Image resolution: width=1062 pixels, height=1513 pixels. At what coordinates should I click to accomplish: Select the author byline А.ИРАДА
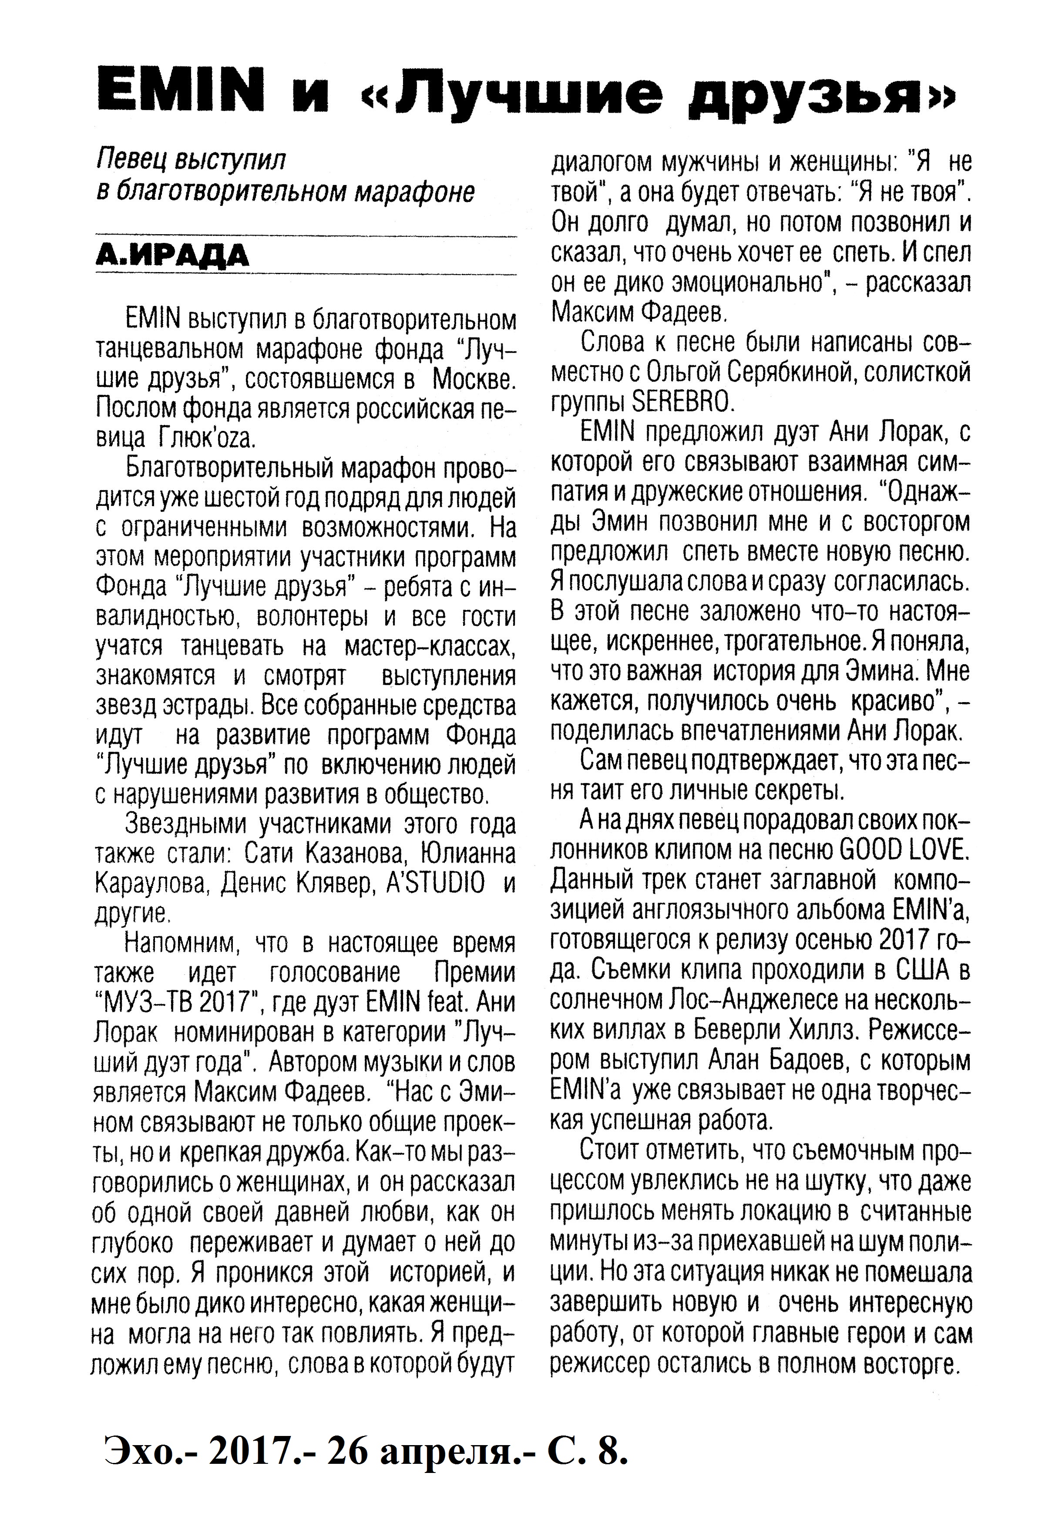[x=173, y=256]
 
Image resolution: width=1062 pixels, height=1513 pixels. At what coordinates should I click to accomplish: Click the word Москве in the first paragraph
[x=474, y=380]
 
